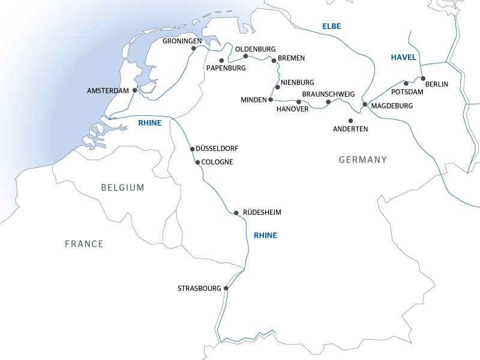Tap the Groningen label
(182, 41)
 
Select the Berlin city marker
(423, 79)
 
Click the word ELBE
(332, 26)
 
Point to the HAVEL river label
(403, 57)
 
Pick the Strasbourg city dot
(226, 288)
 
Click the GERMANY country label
(362, 160)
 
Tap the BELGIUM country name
(122, 187)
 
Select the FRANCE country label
(84, 244)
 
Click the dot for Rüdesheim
(236, 212)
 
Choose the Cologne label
(218, 162)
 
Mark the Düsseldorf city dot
(192, 149)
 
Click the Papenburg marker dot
(221, 61)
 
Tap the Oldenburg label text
(255, 49)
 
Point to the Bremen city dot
(274, 61)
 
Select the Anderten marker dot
(351, 121)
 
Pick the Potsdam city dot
(406, 83)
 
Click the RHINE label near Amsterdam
(150, 122)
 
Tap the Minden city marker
(271, 99)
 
